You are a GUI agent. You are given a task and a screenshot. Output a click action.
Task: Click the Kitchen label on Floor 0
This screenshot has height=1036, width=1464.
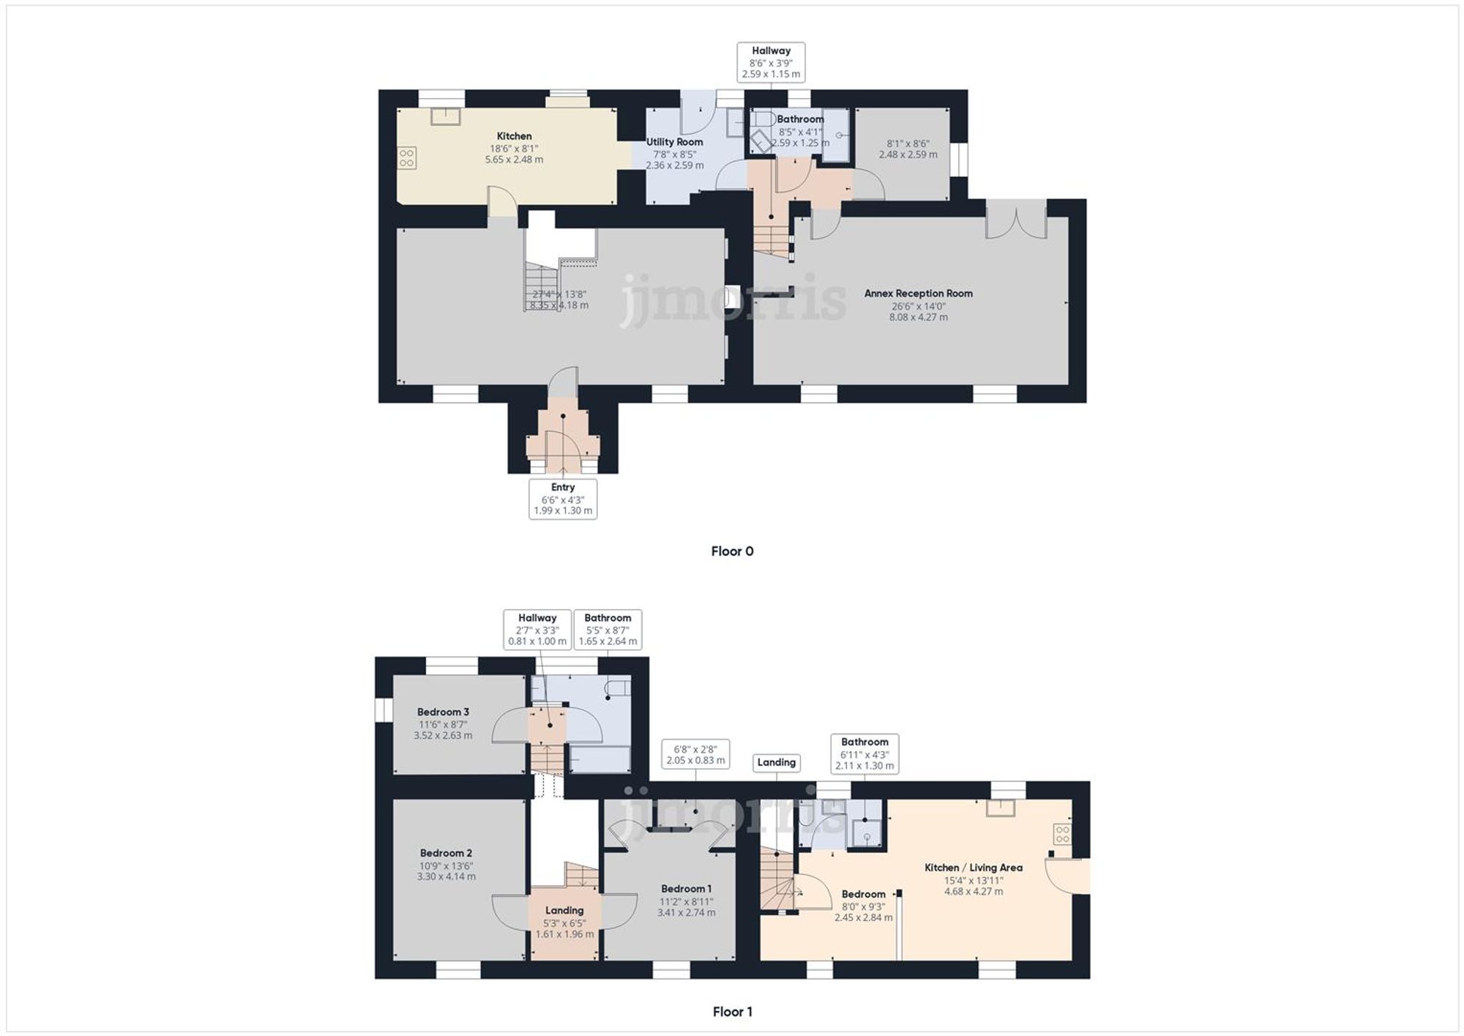(514, 136)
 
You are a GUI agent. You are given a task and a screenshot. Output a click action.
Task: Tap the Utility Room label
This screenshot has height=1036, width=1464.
(674, 142)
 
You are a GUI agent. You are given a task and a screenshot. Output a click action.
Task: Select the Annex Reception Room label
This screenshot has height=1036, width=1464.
(918, 294)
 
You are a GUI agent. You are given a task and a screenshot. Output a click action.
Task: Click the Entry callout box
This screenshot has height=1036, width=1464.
(563, 499)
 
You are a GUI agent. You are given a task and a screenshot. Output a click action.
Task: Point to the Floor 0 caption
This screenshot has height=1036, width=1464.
(732, 551)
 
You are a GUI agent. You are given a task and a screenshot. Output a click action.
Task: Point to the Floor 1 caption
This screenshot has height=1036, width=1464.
(732, 1012)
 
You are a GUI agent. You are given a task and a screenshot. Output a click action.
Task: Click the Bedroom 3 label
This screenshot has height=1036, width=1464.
(443, 712)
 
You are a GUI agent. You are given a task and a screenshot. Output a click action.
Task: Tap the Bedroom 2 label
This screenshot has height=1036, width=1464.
(446, 853)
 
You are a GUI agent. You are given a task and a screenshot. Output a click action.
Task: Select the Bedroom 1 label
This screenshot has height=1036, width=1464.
(686, 889)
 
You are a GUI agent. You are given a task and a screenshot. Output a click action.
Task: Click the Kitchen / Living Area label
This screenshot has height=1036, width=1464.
(974, 868)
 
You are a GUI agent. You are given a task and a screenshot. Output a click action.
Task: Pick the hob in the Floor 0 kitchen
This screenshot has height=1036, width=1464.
(407, 157)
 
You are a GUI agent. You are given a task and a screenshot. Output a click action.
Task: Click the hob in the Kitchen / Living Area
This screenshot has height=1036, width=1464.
(1062, 833)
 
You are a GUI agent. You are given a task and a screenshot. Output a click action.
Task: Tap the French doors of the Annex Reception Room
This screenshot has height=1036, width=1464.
(1016, 220)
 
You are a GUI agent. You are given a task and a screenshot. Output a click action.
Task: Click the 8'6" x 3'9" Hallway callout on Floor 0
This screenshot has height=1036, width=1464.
(771, 62)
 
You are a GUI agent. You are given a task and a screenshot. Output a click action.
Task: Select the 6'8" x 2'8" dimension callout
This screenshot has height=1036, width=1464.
(695, 754)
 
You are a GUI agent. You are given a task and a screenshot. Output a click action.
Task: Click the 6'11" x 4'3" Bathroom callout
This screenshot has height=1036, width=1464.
(864, 754)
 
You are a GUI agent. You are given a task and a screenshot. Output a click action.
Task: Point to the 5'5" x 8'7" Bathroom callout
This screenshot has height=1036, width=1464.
(608, 630)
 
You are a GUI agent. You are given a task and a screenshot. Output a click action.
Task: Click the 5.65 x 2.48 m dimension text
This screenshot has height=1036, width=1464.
(514, 160)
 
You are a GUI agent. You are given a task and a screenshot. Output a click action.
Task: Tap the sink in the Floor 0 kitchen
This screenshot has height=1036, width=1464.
(445, 116)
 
